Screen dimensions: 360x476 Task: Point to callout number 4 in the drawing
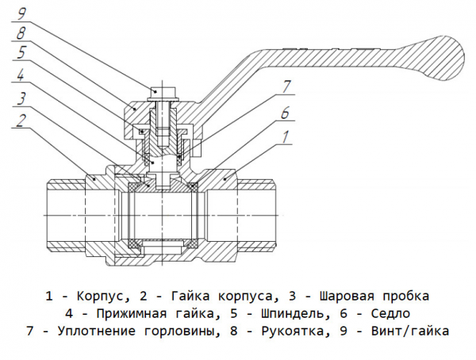tap(21, 77)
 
